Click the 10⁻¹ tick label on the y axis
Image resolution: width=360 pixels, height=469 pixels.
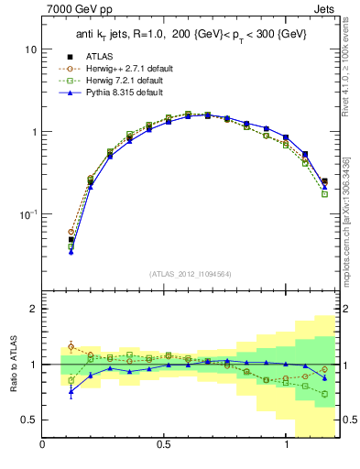click(27, 214)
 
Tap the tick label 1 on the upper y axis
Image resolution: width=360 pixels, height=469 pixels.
click(34, 132)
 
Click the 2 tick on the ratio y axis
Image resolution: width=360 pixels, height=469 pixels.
click(34, 309)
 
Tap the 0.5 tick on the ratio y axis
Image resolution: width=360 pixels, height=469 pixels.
click(29, 420)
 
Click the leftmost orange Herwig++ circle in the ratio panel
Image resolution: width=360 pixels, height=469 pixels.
click(71, 346)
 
